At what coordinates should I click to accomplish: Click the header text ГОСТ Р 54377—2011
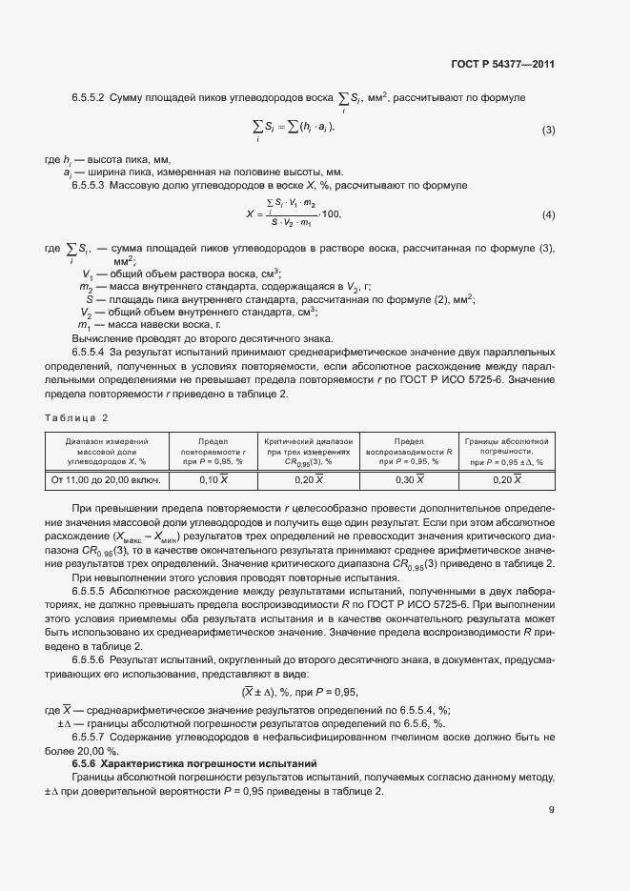[503, 64]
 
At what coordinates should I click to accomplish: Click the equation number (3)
[548, 130]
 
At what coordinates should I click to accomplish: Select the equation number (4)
[548, 213]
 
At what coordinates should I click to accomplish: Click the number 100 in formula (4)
[331, 214]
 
